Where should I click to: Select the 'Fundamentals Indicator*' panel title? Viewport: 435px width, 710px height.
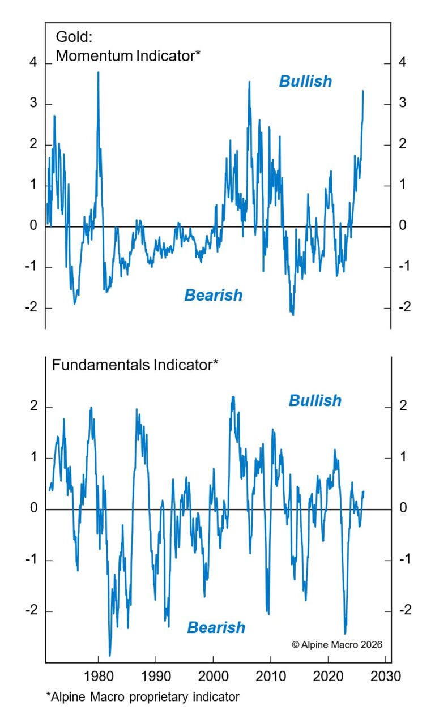pyautogui.click(x=135, y=365)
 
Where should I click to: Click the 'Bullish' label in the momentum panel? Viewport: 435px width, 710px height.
pyautogui.click(x=305, y=82)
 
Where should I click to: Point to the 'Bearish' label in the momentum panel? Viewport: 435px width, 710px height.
pyautogui.click(x=213, y=295)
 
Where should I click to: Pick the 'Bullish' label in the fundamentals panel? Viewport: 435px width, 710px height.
pyautogui.click(x=315, y=401)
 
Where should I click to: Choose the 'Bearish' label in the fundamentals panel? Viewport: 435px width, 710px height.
pyautogui.click(x=216, y=627)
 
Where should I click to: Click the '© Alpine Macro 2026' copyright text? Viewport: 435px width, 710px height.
pyautogui.click(x=337, y=644)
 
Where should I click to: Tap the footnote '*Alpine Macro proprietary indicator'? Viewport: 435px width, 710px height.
pyautogui.click(x=143, y=696)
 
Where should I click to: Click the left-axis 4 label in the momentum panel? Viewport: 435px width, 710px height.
pyautogui.click(x=33, y=63)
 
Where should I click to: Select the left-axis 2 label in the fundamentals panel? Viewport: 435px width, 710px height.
pyautogui.click(x=33, y=407)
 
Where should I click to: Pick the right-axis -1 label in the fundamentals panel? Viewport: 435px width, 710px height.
pyautogui.click(x=404, y=560)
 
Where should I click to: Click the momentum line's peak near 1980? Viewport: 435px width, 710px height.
pyautogui.click(x=98, y=72)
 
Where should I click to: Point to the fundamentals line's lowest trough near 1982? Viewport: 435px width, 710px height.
pyautogui.click(x=109, y=655)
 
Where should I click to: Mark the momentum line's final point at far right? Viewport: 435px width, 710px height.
pyautogui.click(x=363, y=91)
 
